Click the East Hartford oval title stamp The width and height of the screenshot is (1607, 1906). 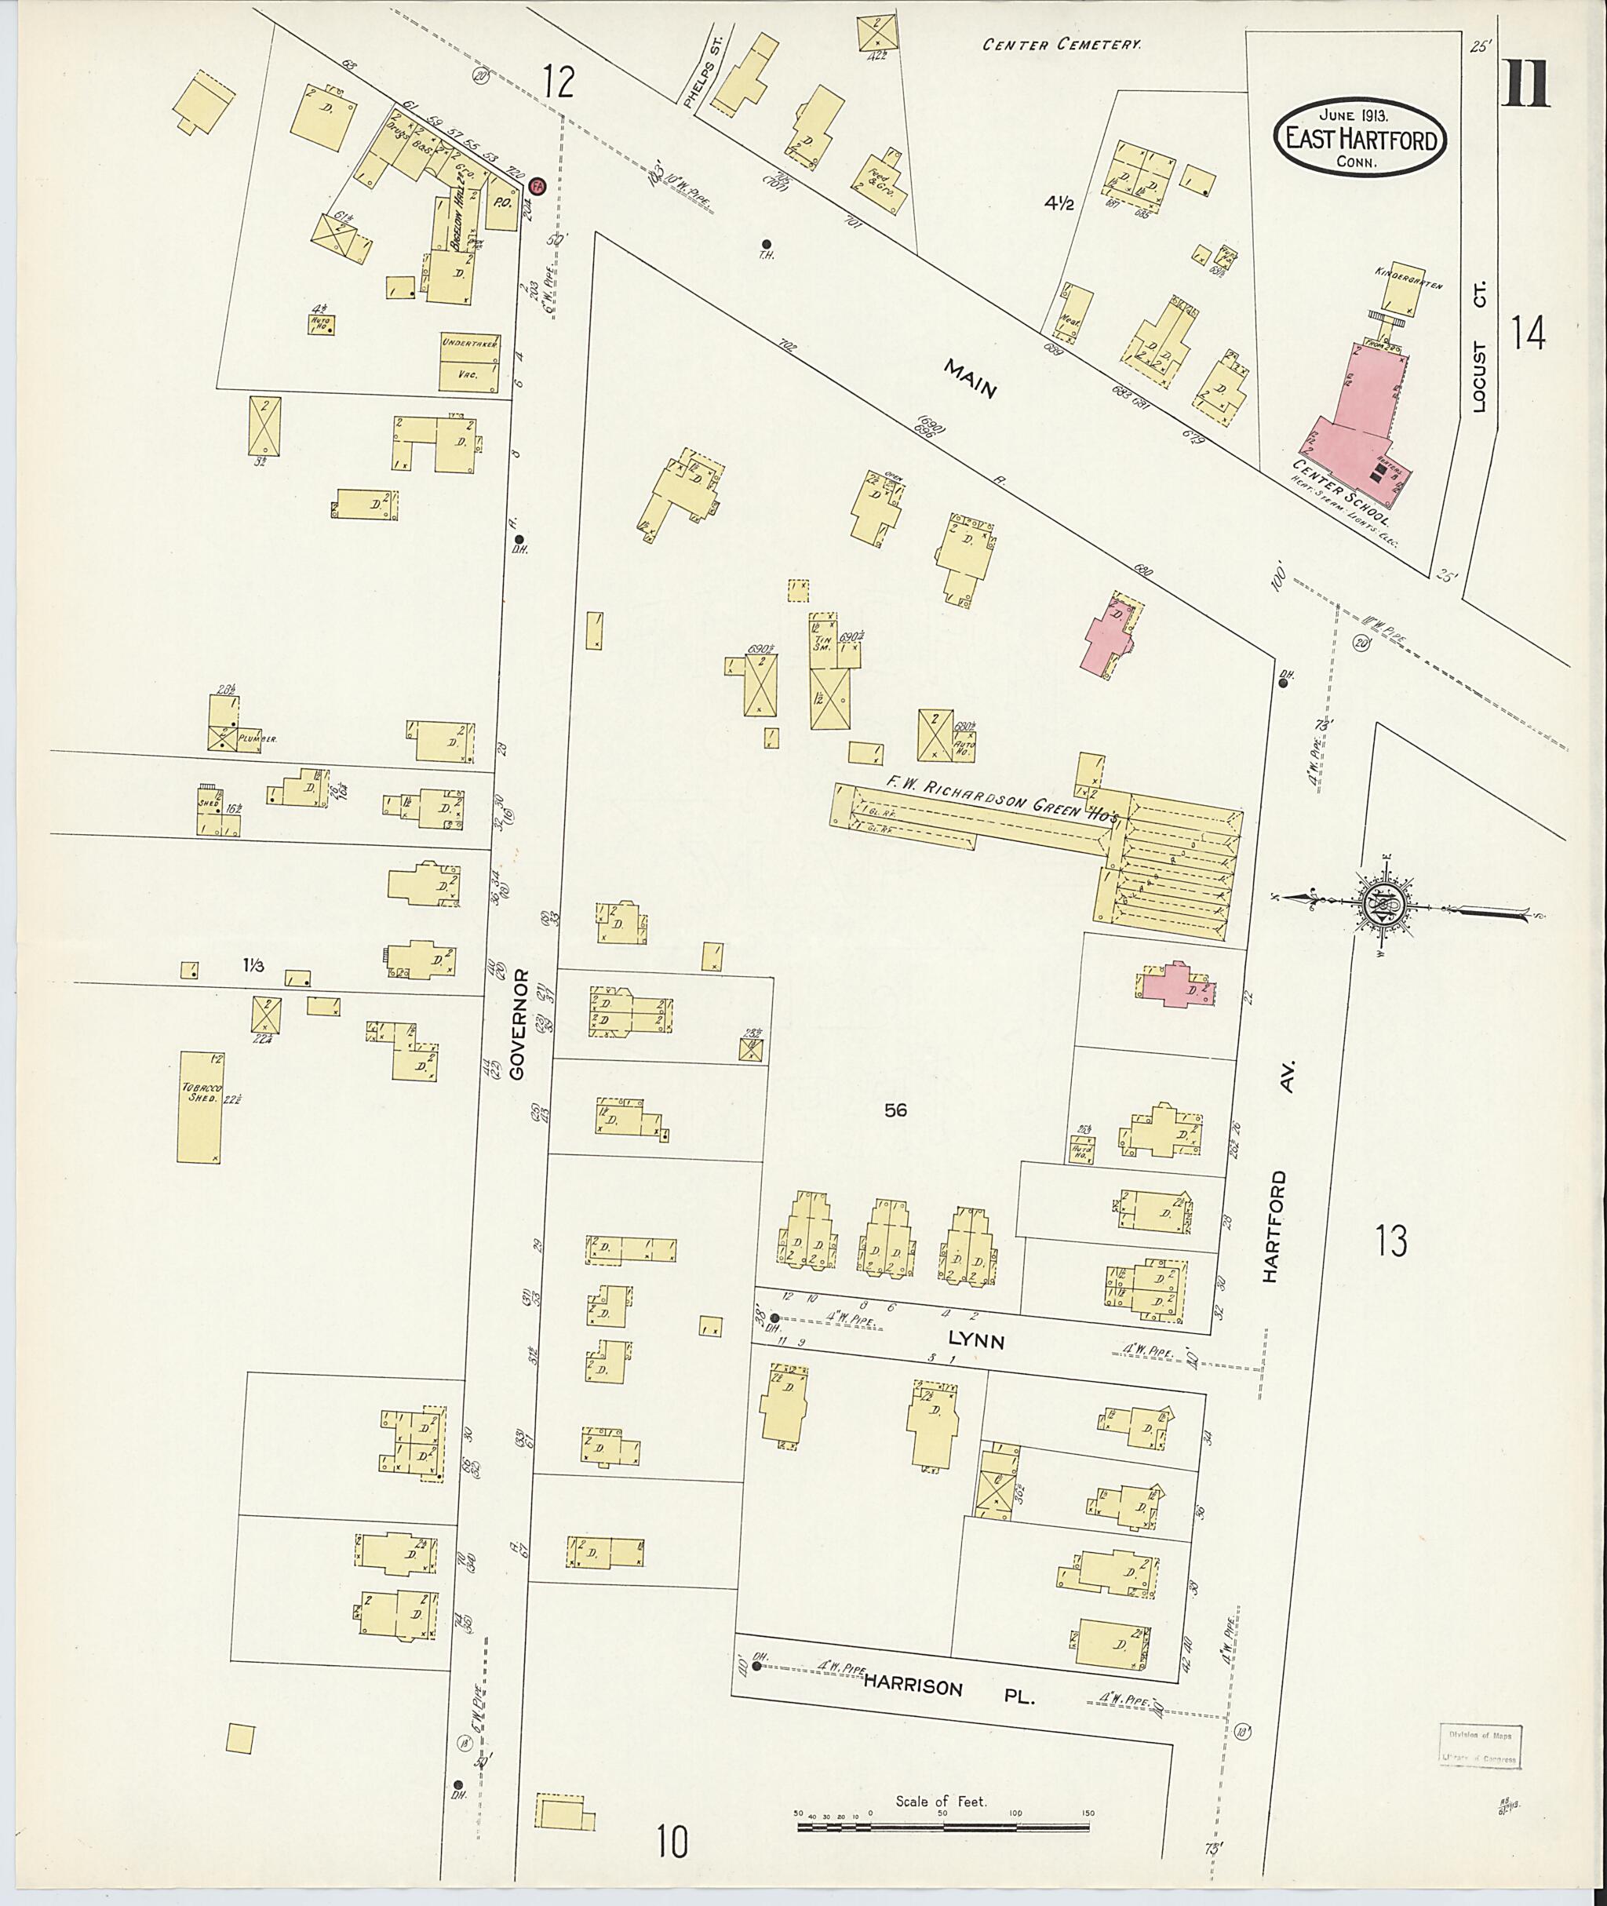click(1359, 137)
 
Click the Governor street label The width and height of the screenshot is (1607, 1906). click(519, 1023)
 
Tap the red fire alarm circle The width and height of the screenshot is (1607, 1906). click(537, 186)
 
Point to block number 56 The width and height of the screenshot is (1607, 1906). click(895, 1109)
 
